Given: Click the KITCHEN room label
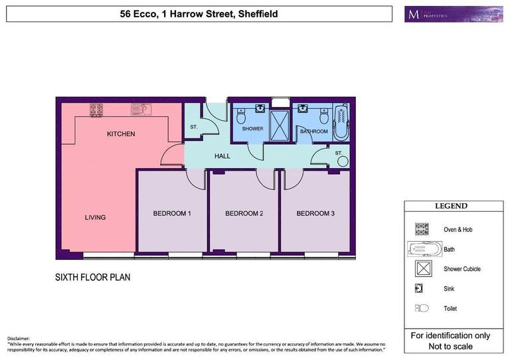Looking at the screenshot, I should pyautogui.click(x=121, y=134).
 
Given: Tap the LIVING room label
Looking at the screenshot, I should pyautogui.click(x=95, y=217).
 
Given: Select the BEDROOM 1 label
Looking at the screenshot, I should pyautogui.click(x=172, y=213).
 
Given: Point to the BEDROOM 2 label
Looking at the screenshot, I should pyautogui.click(x=244, y=213).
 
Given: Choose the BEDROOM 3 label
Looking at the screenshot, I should pyautogui.click(x=315, y=213).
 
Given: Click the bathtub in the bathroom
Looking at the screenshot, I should pyautogui.click(x=341, y=121).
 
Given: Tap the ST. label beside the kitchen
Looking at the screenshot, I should pyautogui.click(x=194, y=126).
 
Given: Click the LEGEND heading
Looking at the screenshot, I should pyautogui.click(x=451, y=206).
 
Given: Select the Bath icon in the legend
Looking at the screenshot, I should pyautogui.click(x=423, y=249).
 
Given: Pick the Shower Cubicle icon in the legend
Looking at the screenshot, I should pyautogui.click(x=421, y=269).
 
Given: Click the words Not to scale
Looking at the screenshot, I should pyautogui.click(x=450, y=347).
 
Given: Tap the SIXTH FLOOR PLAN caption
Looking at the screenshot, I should pyautogui.click(x=92, y=277).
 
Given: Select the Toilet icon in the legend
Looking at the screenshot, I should pyautogui.click(x=421, y=308).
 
